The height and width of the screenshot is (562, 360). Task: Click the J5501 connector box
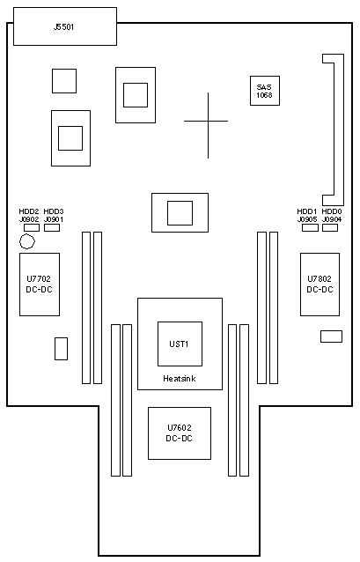click(x=65, y=26)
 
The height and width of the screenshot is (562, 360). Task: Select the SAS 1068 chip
click(x=265, y=91)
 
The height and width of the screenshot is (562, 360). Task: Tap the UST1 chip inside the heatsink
click(x=180, y=344)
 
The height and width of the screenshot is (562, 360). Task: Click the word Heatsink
click(x=179, y=379)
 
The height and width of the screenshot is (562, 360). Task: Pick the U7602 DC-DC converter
click(x=180, y=433)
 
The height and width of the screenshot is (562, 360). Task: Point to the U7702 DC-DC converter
click(x=40, y=285)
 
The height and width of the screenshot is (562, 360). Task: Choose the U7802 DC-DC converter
click(x=320, y=285)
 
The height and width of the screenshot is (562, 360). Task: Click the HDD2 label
click(x=29, y=211)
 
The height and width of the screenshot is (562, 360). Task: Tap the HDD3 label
click(x=54, y=211)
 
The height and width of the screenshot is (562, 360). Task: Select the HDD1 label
click(x=307, y=211)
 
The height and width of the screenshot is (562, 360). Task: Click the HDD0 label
click(x=332, y=211)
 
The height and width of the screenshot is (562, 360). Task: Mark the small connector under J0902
click(x=32, y=227)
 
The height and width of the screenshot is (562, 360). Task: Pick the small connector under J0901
click(x=52, y=227)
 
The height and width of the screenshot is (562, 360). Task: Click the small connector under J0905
click(x=310, y=227)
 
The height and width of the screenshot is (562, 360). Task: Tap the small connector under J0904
click(x=330, y=227)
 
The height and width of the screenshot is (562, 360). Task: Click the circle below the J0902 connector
click(x=27, y=241)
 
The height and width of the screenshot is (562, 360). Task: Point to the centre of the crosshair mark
click(x=208, y=122)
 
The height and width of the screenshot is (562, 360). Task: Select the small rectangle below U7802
click(x=331, y=336)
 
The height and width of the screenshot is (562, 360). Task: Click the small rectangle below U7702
click(x=62, y=348)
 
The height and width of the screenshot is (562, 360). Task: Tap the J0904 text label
click(x=332, y=219)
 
